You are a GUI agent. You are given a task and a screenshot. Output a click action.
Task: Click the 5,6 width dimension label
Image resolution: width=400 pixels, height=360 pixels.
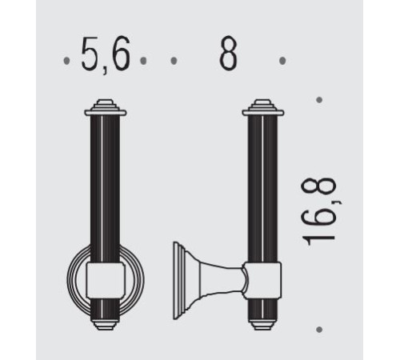pos(106,55)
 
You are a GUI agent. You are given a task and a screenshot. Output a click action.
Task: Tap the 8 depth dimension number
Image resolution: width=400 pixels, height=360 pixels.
pos(228,54)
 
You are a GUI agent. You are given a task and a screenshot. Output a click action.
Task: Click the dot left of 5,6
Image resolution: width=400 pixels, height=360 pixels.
pos(66,61)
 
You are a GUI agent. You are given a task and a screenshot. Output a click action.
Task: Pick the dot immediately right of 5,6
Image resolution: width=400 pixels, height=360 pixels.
pos(143,61)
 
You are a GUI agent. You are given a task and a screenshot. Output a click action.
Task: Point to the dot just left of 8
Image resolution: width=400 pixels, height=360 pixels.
pos(174,61)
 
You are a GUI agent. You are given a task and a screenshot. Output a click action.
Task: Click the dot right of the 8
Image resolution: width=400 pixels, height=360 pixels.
pos(282,61)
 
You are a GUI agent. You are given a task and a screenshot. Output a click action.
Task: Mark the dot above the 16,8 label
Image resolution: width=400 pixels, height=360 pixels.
pos(319,100)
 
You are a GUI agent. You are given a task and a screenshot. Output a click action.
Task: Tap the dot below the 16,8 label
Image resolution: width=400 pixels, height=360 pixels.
pos(319,330)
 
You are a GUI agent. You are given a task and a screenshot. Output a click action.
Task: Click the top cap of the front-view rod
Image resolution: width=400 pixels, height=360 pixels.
pos(106,108)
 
